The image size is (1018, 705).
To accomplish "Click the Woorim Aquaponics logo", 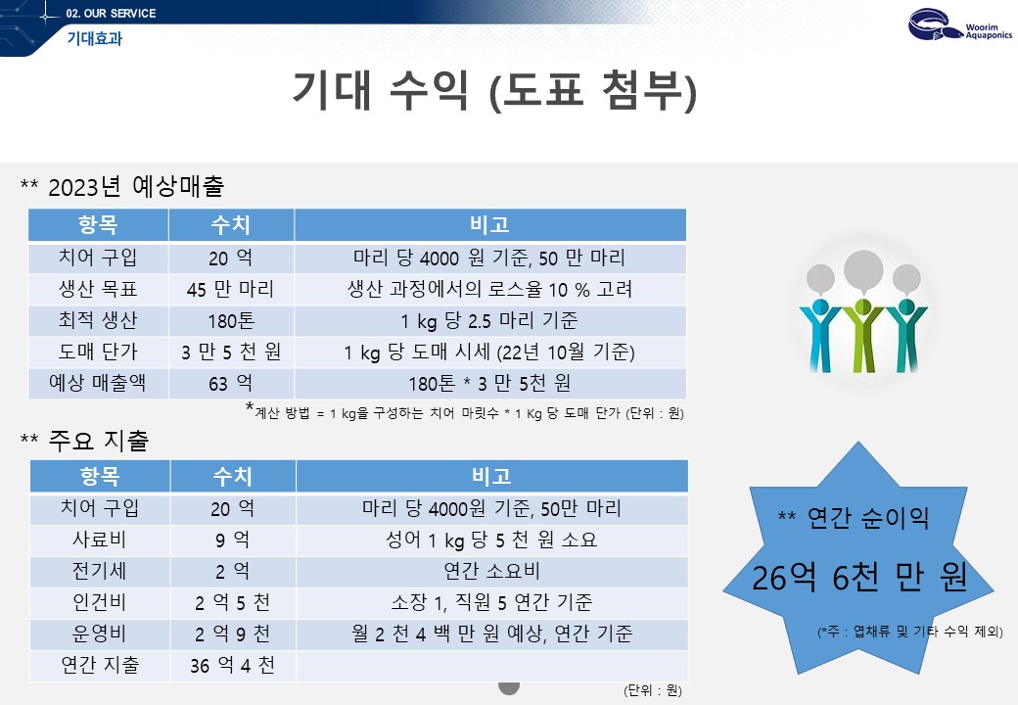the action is (959, 25).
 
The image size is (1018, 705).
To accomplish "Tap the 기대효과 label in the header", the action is (95, 39).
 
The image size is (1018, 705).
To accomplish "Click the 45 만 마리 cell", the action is (230, 289).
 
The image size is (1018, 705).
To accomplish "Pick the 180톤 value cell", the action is (231, 321).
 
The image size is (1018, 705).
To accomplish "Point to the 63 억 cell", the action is (230, 384).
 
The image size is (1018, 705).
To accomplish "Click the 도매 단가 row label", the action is (98, 352).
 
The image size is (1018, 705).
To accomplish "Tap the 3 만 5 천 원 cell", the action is (231, 352).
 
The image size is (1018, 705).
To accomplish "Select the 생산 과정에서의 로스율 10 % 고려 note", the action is (490, 289).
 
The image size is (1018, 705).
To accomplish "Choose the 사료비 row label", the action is (99, 540).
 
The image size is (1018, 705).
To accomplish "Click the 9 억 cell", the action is (232, 540).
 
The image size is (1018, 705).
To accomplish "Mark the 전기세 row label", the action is (99, 571).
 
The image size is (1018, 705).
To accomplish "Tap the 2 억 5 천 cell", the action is (232, 602).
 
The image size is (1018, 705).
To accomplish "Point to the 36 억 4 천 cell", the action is (232, 666).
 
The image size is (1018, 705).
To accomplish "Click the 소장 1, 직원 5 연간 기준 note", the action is (491, 602).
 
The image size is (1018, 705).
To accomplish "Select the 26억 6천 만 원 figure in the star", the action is (859, 577).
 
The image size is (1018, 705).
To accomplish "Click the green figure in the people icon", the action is (862, 334).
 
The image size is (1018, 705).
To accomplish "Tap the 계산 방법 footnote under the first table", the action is (465, 412).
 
